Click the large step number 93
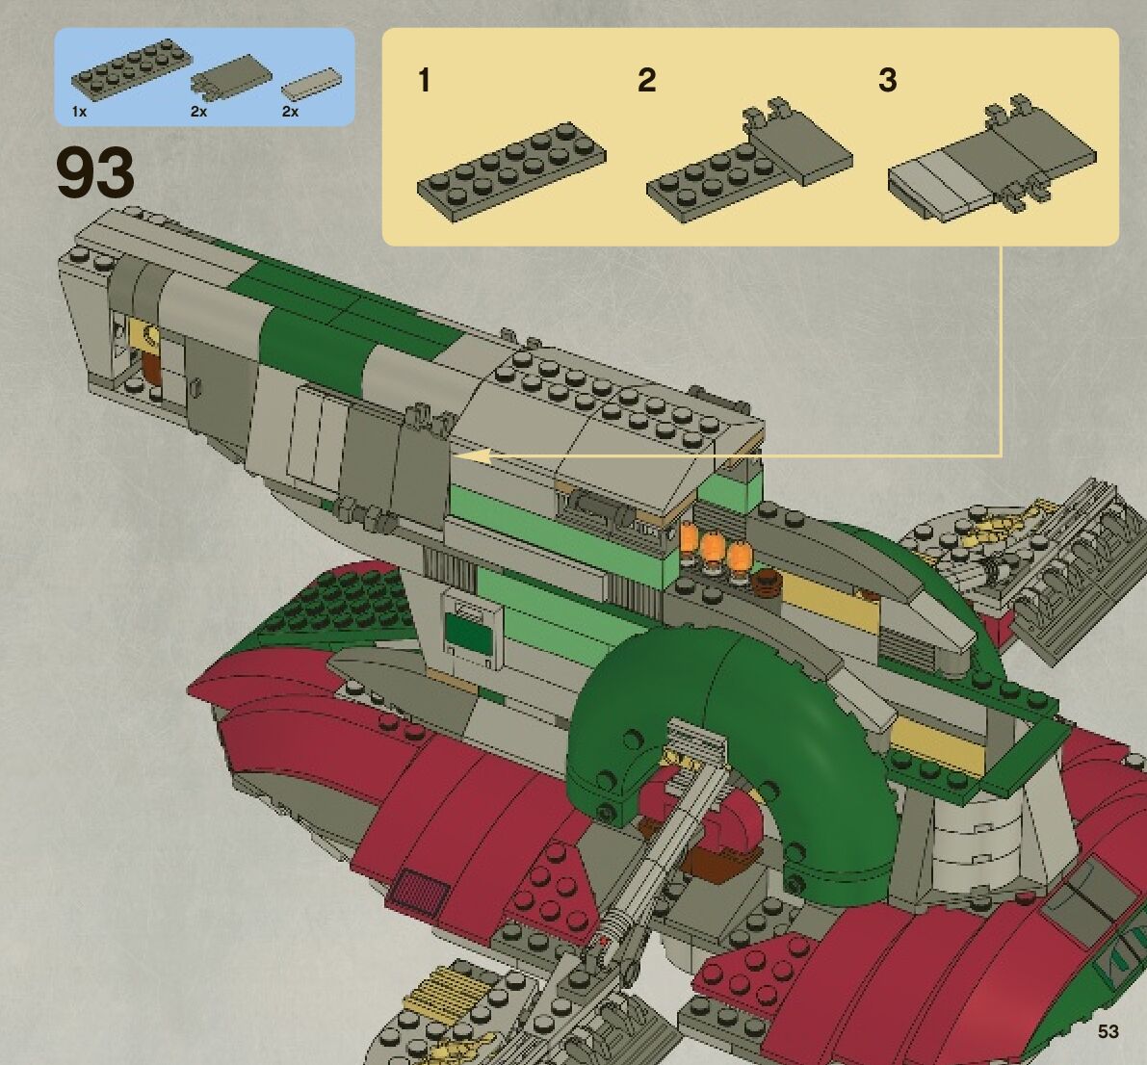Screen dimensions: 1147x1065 (x=95, y=174)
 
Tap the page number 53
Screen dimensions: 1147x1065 (x=1108, y=1031)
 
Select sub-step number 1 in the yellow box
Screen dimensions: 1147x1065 (x=424, y=80)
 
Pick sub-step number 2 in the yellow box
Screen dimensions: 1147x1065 (x=646, y=80)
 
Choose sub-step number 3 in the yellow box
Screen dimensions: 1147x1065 (x=887, y=80)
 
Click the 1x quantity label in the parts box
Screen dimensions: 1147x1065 (x=79, y=112)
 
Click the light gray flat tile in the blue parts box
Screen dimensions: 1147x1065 (x=311, y=84)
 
